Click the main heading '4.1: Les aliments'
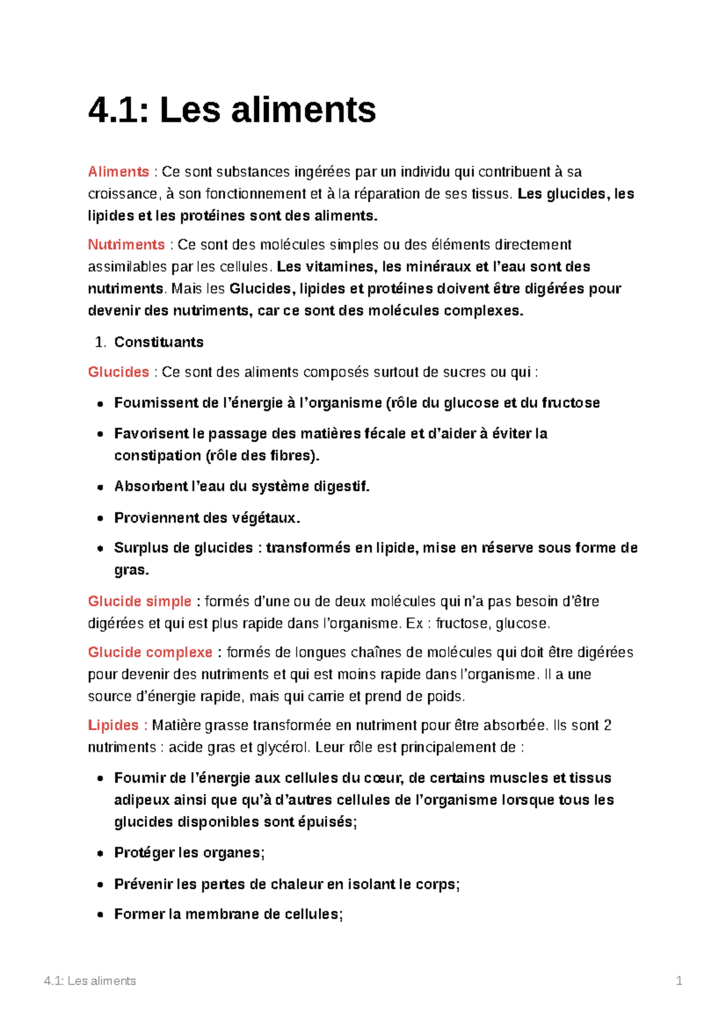point(232,110)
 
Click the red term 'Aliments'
point(119,172)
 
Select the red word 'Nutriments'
point(126,245)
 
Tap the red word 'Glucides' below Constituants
point(119,372)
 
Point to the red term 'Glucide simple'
point(140,601)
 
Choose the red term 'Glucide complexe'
point(150,652)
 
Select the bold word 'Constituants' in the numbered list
point(159,342)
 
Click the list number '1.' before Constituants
point(100,342)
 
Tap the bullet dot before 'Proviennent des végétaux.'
point(100,518)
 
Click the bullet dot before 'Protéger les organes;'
point(100,853)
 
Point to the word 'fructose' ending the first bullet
point(571,403)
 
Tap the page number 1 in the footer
point(679,980)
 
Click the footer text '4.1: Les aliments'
point(90,980)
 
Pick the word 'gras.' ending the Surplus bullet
point(131,570)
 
